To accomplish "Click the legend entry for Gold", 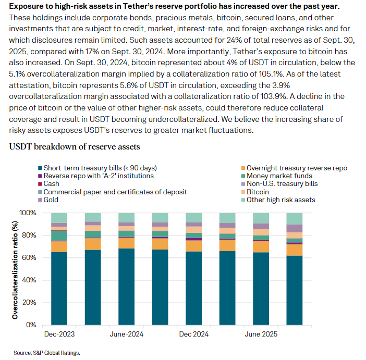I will [x=51, y=200].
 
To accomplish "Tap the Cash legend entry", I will [x=51, y=184].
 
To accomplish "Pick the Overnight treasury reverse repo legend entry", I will [x=296, y=168].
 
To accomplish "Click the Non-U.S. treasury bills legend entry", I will [x=282, y=184].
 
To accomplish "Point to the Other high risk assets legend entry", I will [x=280, y=200].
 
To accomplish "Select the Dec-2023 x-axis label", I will [x=58, y=334].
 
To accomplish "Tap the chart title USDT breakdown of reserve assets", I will [x=75, y=147].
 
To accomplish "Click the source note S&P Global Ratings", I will [x=47, y=353].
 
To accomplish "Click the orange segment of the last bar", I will [x=295, y=250].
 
